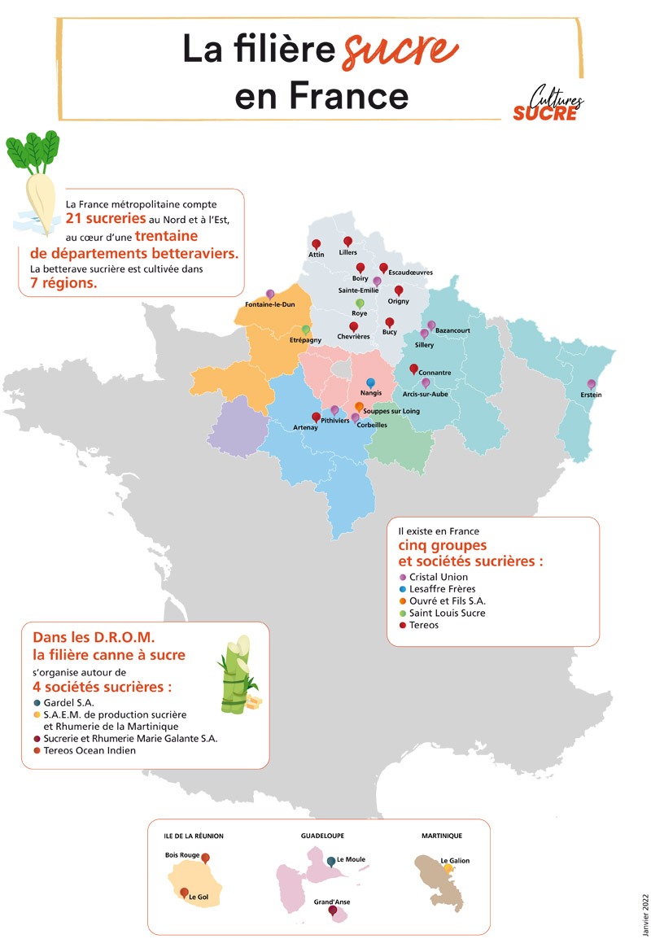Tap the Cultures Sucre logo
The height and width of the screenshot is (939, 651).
coord(548,104)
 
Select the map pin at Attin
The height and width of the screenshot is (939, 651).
coord(317,244)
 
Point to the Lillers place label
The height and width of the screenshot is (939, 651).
coord(348,253)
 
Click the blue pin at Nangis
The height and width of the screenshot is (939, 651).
coord(371,383)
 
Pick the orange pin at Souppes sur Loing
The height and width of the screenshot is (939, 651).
coord(360,406)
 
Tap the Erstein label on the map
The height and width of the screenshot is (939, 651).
coord(592,395)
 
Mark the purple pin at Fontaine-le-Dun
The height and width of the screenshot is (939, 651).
coord(270,295)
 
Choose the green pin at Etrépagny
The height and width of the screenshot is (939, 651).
coord(306,330)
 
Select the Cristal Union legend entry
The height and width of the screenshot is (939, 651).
coord(439,577)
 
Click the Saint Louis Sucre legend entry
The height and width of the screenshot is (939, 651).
coord(447,613)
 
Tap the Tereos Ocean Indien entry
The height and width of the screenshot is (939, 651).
coord(90,750)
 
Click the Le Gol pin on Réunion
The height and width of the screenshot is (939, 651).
coord(185,893)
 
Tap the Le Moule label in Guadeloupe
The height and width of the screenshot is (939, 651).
coord(351,859)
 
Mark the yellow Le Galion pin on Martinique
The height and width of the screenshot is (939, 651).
coord(448,868)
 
